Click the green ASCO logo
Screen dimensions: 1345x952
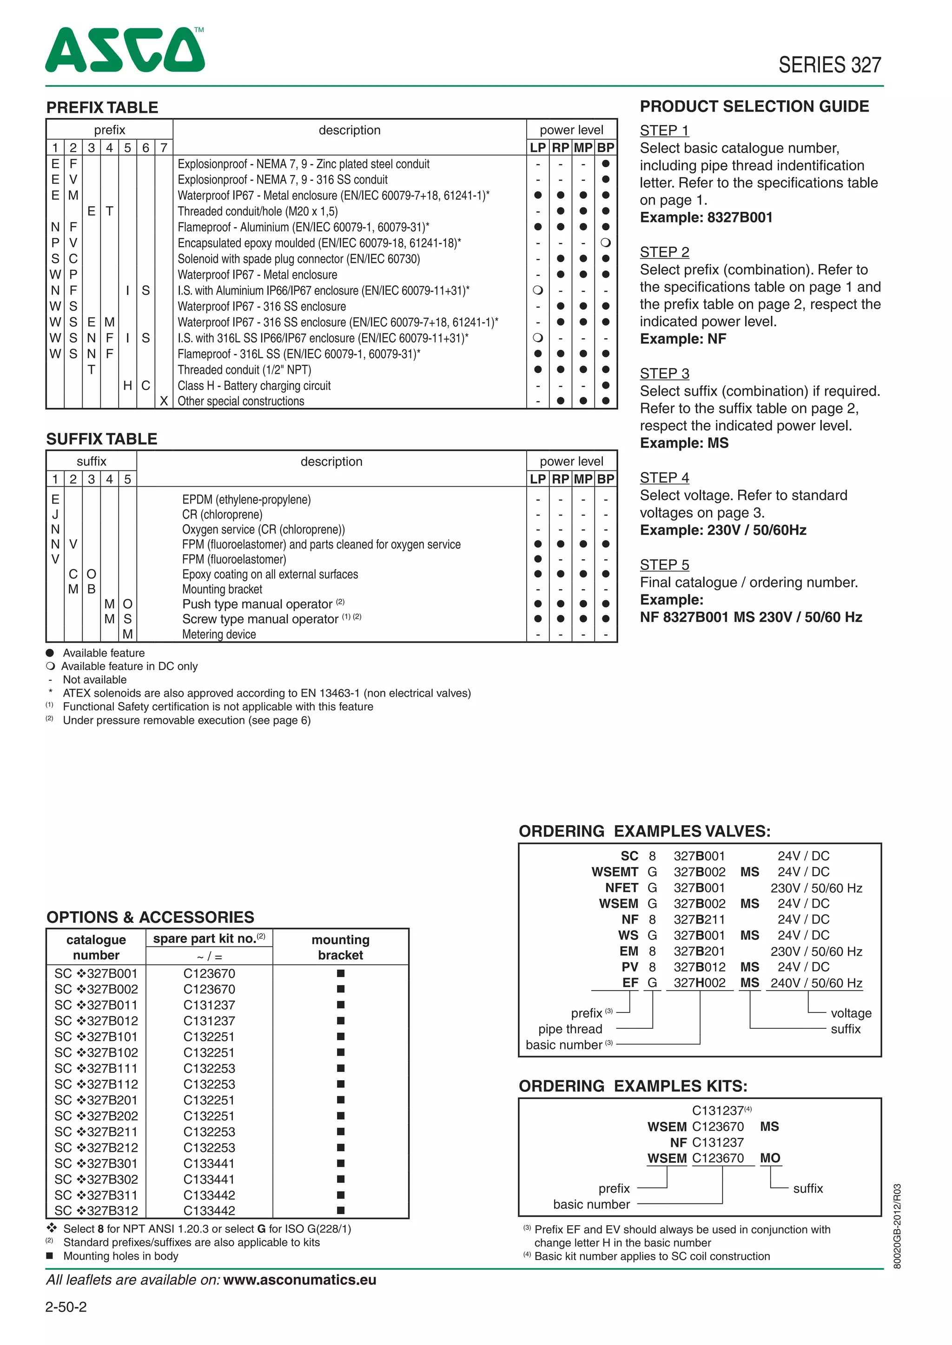click(x=125, y=50)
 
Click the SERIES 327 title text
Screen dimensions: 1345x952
click(x=829, y=65)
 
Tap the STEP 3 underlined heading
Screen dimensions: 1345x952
click(x=664, y=374)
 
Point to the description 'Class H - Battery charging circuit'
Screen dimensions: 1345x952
click(x=254, y=385)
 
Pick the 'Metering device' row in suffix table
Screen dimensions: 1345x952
click(x=218, y=634)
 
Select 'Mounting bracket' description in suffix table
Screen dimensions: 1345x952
click(x=222, y=589)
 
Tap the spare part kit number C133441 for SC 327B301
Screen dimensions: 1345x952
click(x=209, y=1163)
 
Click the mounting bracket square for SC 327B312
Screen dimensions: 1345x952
click(x=341, y=1210)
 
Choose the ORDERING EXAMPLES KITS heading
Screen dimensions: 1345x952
click(x=633, y=1086)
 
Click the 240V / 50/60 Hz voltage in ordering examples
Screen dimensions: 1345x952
click(x=816, y=983)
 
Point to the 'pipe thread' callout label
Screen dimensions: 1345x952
click(x=570, y=1029)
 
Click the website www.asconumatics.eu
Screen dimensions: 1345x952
click(x=299, y=1280)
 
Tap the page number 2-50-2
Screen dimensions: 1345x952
click(x=66, y=1307)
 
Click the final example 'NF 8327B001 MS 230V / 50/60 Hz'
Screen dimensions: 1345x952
click(x=750, y=617)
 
